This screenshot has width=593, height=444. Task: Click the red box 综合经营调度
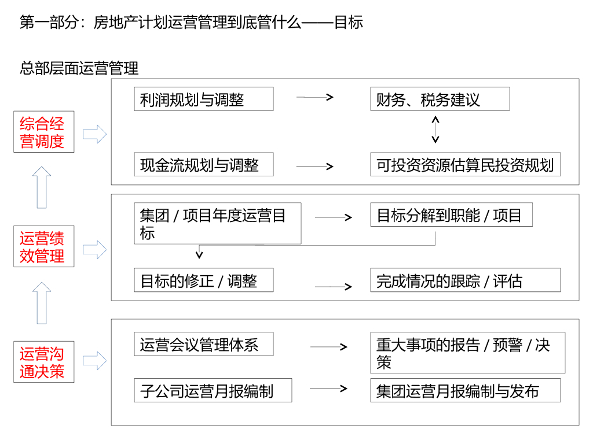tap(44, 132)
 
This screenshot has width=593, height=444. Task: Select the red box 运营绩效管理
tap(44, 247)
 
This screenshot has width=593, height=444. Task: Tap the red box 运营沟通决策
tap(44, 362)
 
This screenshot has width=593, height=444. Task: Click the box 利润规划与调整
tap(203, 99)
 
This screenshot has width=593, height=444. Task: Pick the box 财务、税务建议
tap(440, 99)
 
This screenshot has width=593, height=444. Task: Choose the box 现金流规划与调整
tap(203, 165)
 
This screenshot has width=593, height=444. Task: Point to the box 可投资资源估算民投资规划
tap(466, 165)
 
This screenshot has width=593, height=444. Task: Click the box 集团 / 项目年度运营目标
tap(217, 224)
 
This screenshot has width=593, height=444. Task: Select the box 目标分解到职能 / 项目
tap(451, 216)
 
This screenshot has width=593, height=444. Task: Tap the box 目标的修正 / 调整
tap(203, 280)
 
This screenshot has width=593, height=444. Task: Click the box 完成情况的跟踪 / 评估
tap(466, 280)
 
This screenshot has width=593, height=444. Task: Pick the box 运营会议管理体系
tap(203, 345)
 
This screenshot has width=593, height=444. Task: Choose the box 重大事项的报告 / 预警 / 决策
tap(467, 353)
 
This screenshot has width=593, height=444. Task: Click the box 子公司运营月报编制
tap(213, 390)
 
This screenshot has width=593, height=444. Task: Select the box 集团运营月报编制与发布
tap(466, 390)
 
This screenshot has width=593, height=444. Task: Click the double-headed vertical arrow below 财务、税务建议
tap(435, 129)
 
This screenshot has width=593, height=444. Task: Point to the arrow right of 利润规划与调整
tap(315, 97)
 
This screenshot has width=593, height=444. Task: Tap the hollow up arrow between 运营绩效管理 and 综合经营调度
tap(42, 187)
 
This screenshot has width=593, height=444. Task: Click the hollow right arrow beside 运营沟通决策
tap(94, 361)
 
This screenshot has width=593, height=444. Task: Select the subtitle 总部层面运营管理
tap(79, 68)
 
